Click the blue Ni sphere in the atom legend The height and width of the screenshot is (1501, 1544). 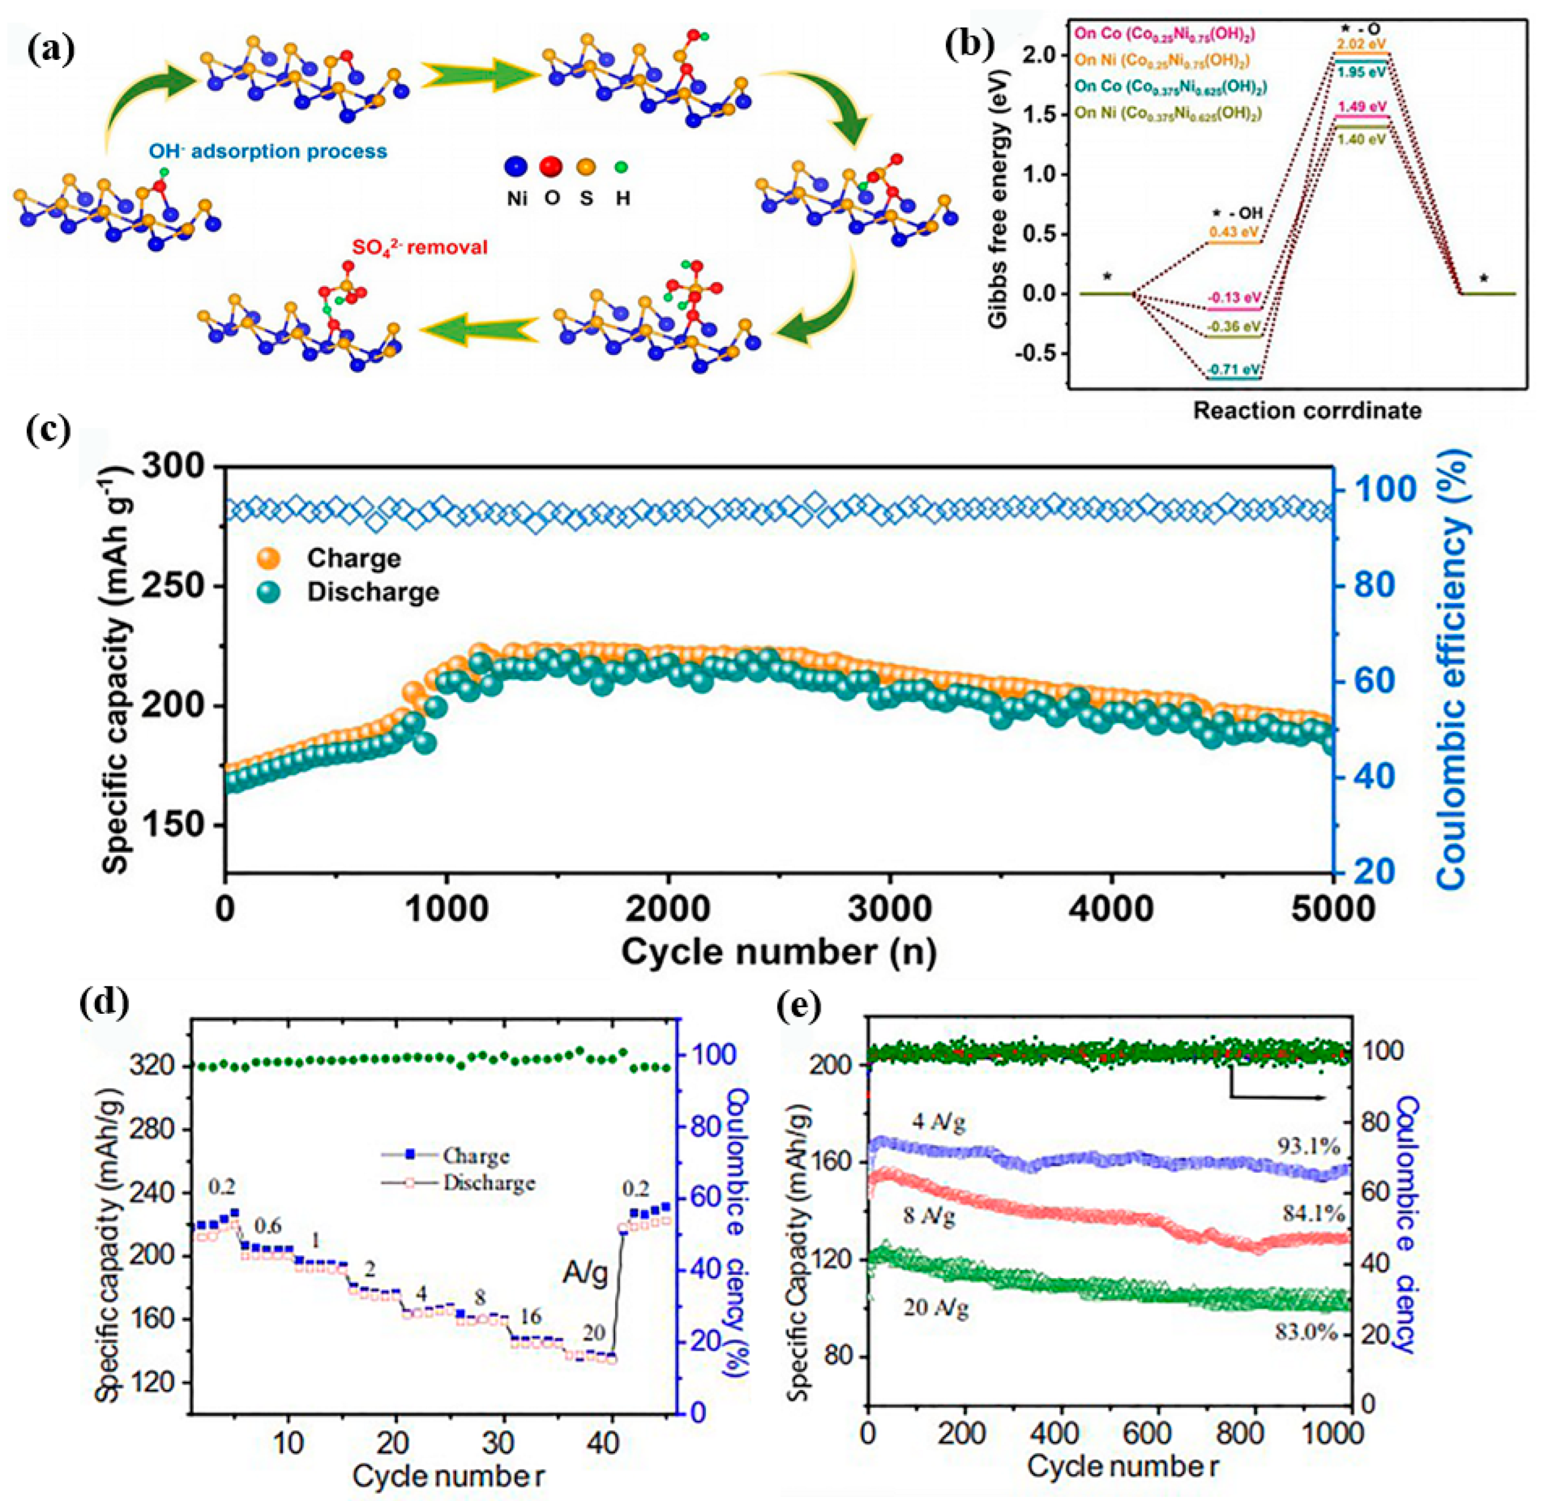tap(516, 167)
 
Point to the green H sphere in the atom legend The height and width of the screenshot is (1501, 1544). tap(622, 167)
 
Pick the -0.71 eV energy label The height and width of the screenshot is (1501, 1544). tap(1233, 368)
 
